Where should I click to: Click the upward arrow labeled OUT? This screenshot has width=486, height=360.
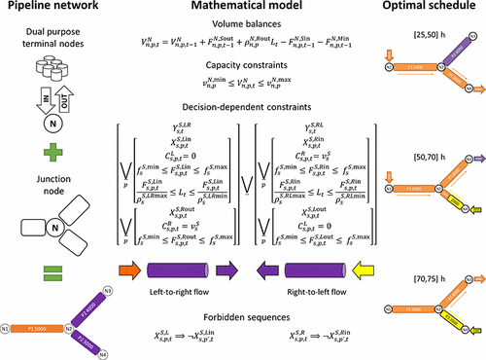pos(63,97)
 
